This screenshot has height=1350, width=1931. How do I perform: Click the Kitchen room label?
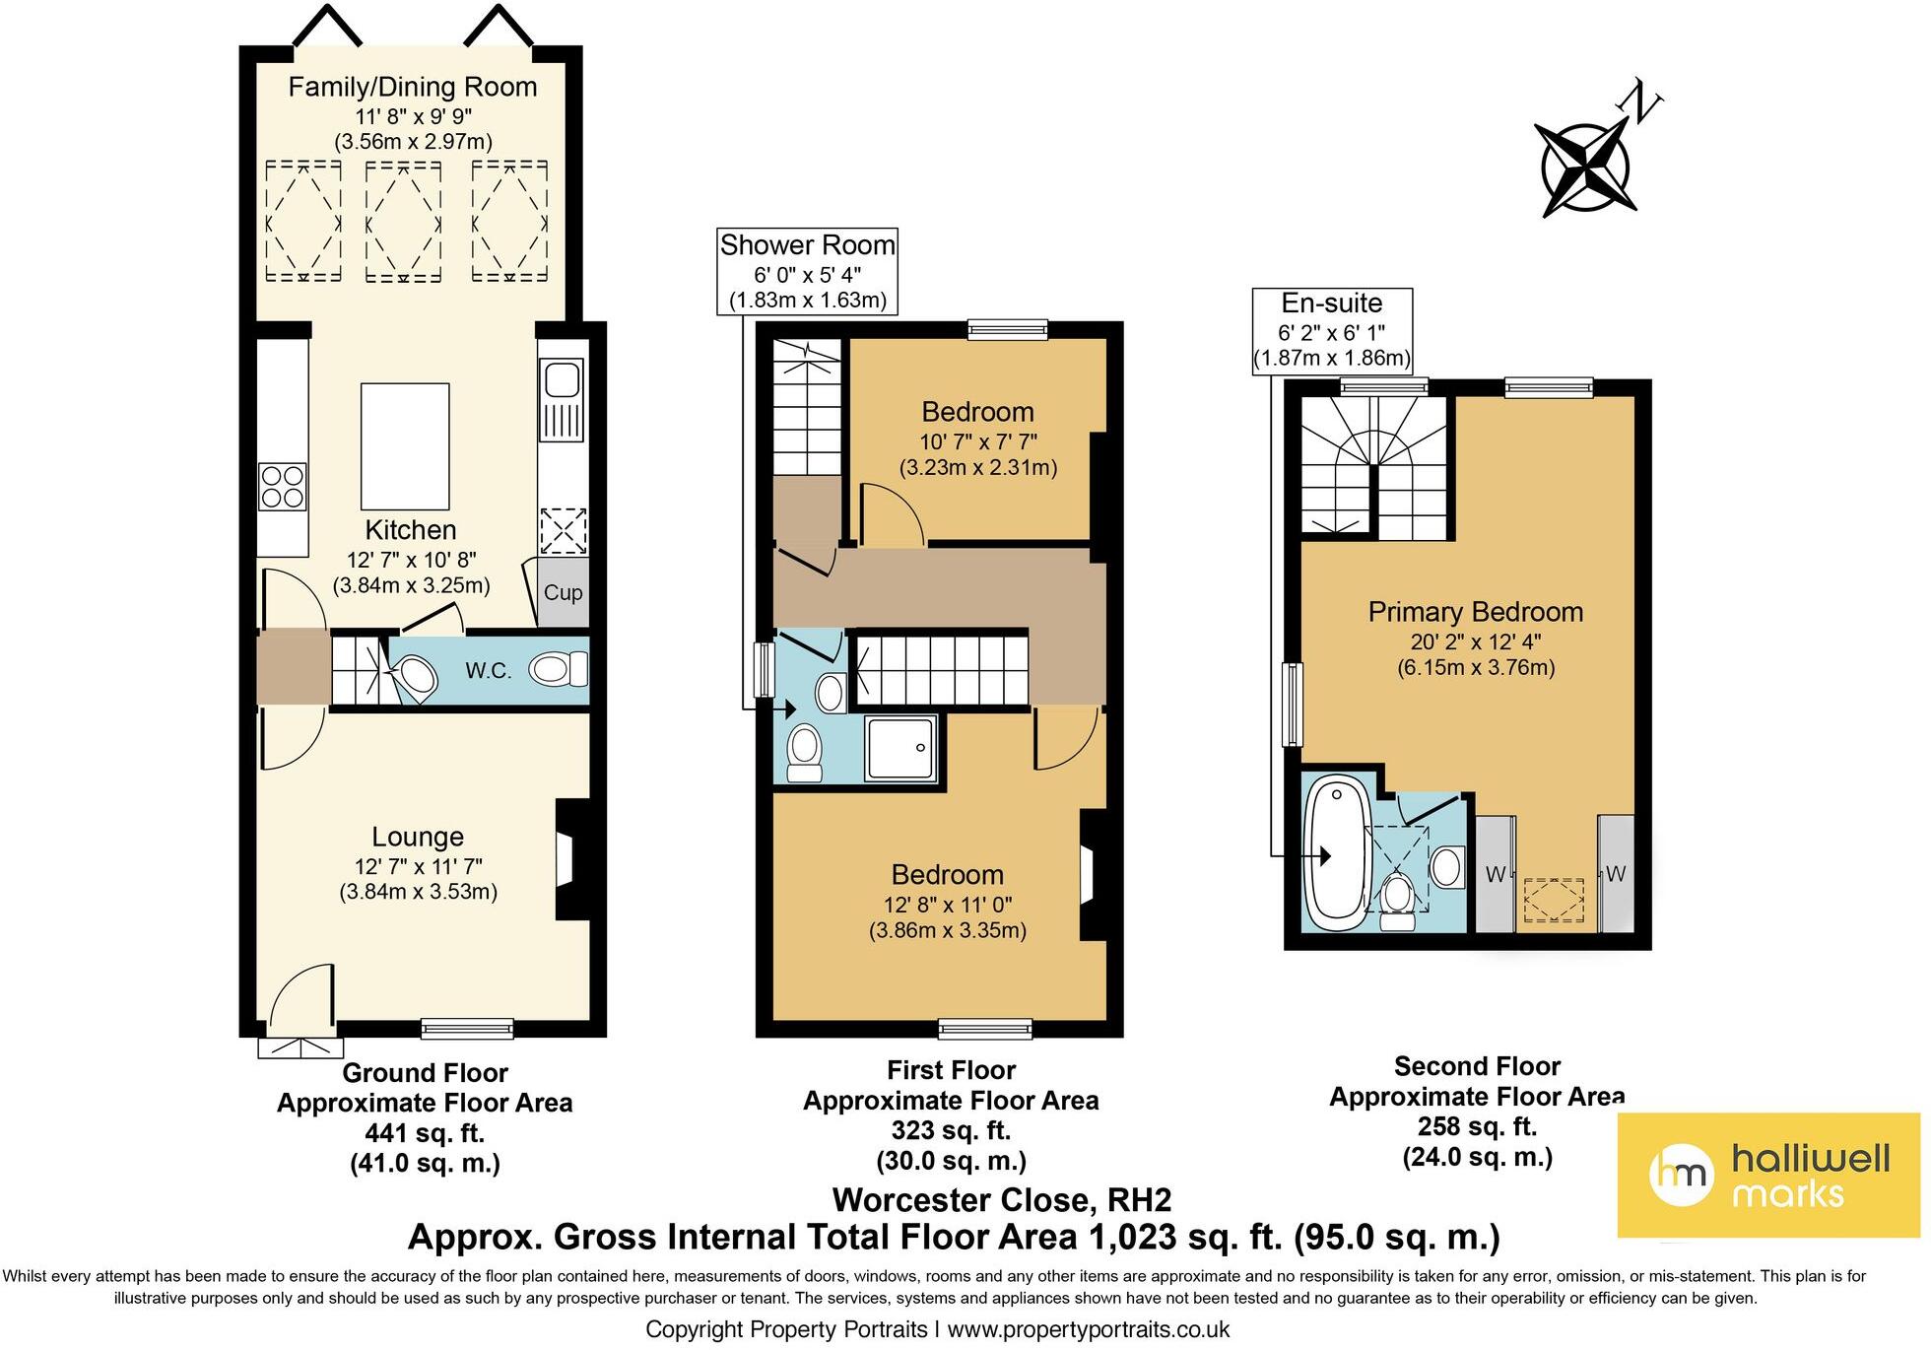[411, 530]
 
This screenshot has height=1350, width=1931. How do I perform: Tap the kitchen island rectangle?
[405, 446]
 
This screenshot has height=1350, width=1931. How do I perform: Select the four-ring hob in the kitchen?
[282, 487]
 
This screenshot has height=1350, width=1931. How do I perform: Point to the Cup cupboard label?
[564, 593]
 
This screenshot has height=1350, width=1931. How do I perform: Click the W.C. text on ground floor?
[489, 672]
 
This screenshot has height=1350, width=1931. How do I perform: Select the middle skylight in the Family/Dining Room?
[404, 222]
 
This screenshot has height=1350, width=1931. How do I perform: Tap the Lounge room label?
[418, 837]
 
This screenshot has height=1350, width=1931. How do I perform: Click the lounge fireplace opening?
[566, 859]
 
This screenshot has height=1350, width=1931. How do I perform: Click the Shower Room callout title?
[807, 245]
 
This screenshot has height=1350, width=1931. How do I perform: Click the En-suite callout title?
[1332, 304]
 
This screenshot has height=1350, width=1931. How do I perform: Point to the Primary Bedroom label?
[1475, 612]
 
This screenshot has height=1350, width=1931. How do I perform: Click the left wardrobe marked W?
[1495, 874]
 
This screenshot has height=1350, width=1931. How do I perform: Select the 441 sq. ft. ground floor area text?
[425, 1133]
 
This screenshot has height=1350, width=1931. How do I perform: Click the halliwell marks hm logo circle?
[1683, 1175]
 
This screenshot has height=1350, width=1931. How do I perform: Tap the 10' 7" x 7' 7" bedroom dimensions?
[977, 440]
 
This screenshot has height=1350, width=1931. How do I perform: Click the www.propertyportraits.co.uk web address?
[1088, 1329]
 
